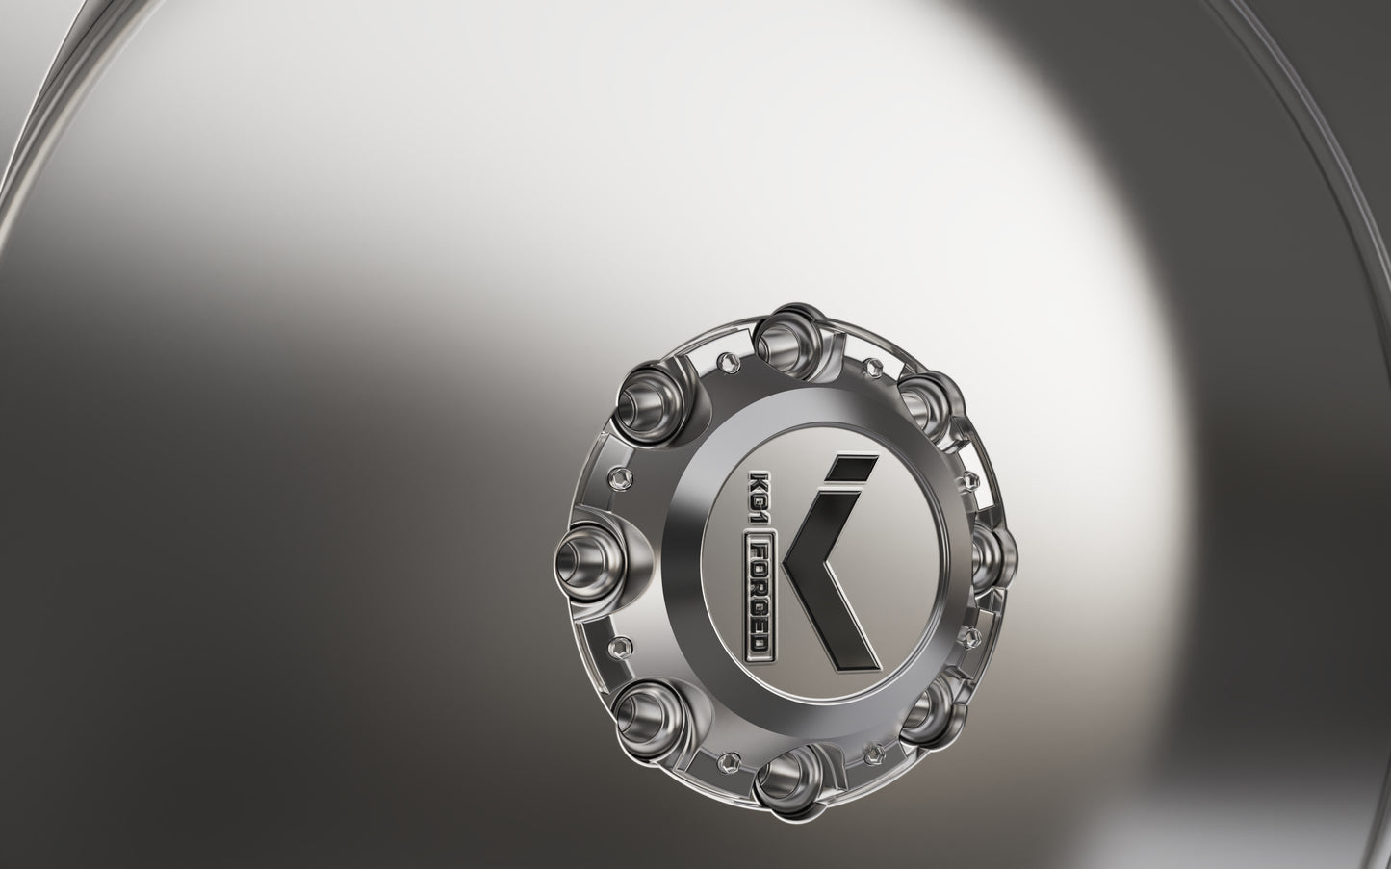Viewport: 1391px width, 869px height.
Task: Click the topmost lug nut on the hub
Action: point(782,333)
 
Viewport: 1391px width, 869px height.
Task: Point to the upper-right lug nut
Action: point(925,399)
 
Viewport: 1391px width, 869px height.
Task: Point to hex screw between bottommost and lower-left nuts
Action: point(730,758)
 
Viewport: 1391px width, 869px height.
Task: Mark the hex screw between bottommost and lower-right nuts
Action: point(872,750)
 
